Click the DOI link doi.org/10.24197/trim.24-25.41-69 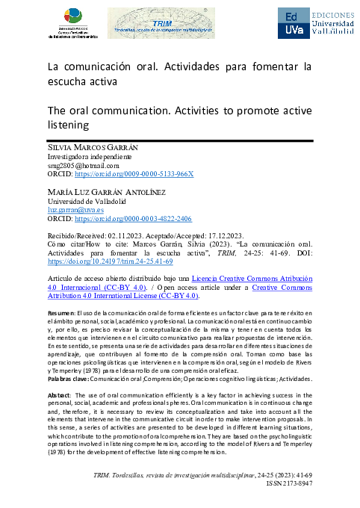click(110, 262)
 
